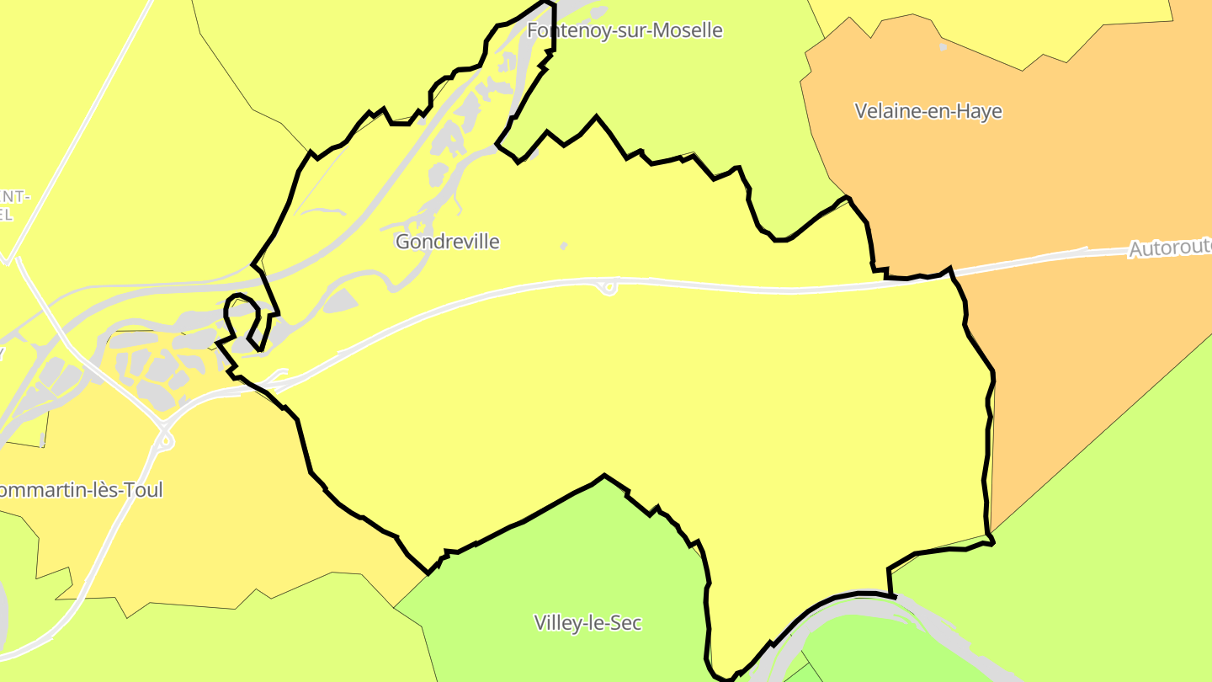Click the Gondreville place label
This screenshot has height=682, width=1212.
[447, 242]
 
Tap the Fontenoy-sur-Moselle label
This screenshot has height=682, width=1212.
[625, 30]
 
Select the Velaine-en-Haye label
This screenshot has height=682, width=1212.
[928, 111]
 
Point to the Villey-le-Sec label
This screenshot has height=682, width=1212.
[587, 623]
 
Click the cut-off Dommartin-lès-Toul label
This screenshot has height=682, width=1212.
[81, 490]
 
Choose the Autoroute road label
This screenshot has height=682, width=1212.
[1169, 248]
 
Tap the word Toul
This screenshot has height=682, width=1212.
[142, 490]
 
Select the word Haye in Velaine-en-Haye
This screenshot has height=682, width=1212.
[978, 111]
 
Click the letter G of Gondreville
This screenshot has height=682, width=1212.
[403, 242]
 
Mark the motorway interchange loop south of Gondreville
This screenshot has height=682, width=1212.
[608, 288]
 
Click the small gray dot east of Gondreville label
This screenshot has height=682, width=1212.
[563, 246]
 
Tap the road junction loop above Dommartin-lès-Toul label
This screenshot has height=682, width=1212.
[165, 439]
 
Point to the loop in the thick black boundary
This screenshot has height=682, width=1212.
[242, 315]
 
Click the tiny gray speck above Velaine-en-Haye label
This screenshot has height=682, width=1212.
[942, 47]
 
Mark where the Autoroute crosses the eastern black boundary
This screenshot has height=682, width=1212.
[950, 270]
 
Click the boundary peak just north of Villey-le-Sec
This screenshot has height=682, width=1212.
[604, 476]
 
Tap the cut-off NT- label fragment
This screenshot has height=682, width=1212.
[15, 196]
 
